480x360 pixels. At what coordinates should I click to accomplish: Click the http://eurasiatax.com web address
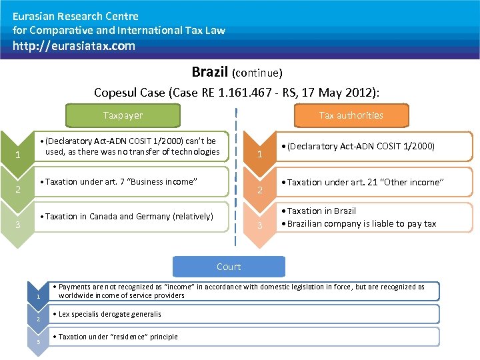coord(74,46)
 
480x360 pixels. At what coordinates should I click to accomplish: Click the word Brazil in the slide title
coord(210,71)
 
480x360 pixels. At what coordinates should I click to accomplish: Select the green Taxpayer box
coord(123,115)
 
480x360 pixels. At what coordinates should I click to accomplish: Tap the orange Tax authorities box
coord(351,115)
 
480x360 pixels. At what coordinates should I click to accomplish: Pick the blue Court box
coord(229,267)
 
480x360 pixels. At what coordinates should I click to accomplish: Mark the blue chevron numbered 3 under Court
coord(39,341)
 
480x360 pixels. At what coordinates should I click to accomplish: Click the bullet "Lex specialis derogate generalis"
coord(109,314)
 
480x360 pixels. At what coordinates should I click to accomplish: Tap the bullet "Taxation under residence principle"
coord(117,337)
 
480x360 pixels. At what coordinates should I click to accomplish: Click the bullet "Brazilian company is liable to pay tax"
coord(361,223)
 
